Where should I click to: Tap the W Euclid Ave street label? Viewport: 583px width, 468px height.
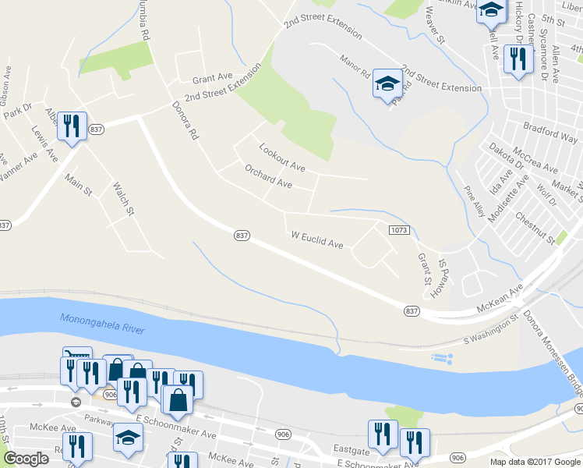coord(317,239)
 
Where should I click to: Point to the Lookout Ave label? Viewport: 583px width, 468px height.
coord(281,156)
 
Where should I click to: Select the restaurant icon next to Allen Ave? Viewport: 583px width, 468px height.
coord(518,59)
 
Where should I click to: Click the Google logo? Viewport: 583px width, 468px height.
coord(26,459)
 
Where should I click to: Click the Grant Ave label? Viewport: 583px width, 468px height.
coord(213,79)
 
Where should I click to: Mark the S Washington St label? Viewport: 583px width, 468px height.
coord(491,331)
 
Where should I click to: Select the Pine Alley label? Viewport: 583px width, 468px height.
coord(475,201)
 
